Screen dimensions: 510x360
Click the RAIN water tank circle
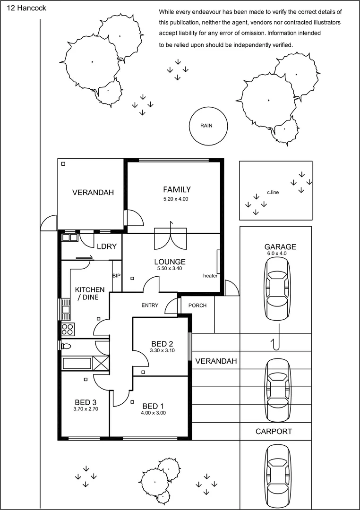(x=206, y=126)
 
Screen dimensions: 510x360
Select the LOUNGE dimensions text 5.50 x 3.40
(x=170, y=269)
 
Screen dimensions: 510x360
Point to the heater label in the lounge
(x=210, y=276)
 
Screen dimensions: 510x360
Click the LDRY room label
(x=104, y=246)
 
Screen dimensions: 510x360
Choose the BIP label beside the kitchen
(x=116, y=275)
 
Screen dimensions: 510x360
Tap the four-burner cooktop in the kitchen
(x=68, y=328)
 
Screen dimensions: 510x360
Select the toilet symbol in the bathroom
(x=66, y=346)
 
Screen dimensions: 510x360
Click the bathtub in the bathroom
(x=77, y=364)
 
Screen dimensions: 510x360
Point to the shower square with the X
(x=101, y=364)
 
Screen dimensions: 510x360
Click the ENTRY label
(x=150, y=306)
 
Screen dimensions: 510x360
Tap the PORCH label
(x=197, y=306)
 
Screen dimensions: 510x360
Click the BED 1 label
(x=153, y=406)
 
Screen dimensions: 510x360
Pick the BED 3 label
(x=85, y=402)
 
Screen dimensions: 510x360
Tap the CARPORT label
(x=274, y=431)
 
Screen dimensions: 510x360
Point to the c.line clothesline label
(x=273, y=192)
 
